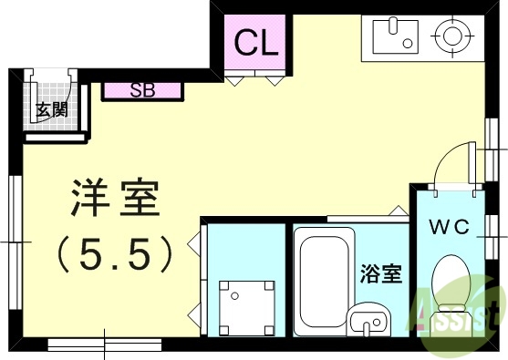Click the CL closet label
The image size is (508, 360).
click(257, 42)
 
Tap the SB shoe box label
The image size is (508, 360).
click(141, 90)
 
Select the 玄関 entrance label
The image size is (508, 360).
click(49, 110)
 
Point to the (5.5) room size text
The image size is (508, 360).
click(115, 252)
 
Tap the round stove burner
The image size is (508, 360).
click(451, 37)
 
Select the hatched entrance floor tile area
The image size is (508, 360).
click(49, 103)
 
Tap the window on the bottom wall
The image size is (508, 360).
click(102, 345)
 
